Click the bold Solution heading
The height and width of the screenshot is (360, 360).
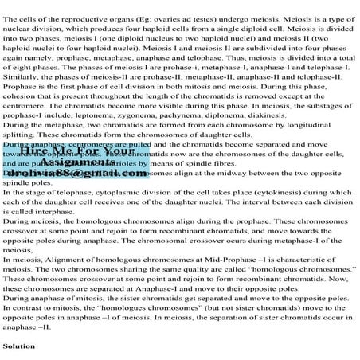(x=18, y=347)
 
